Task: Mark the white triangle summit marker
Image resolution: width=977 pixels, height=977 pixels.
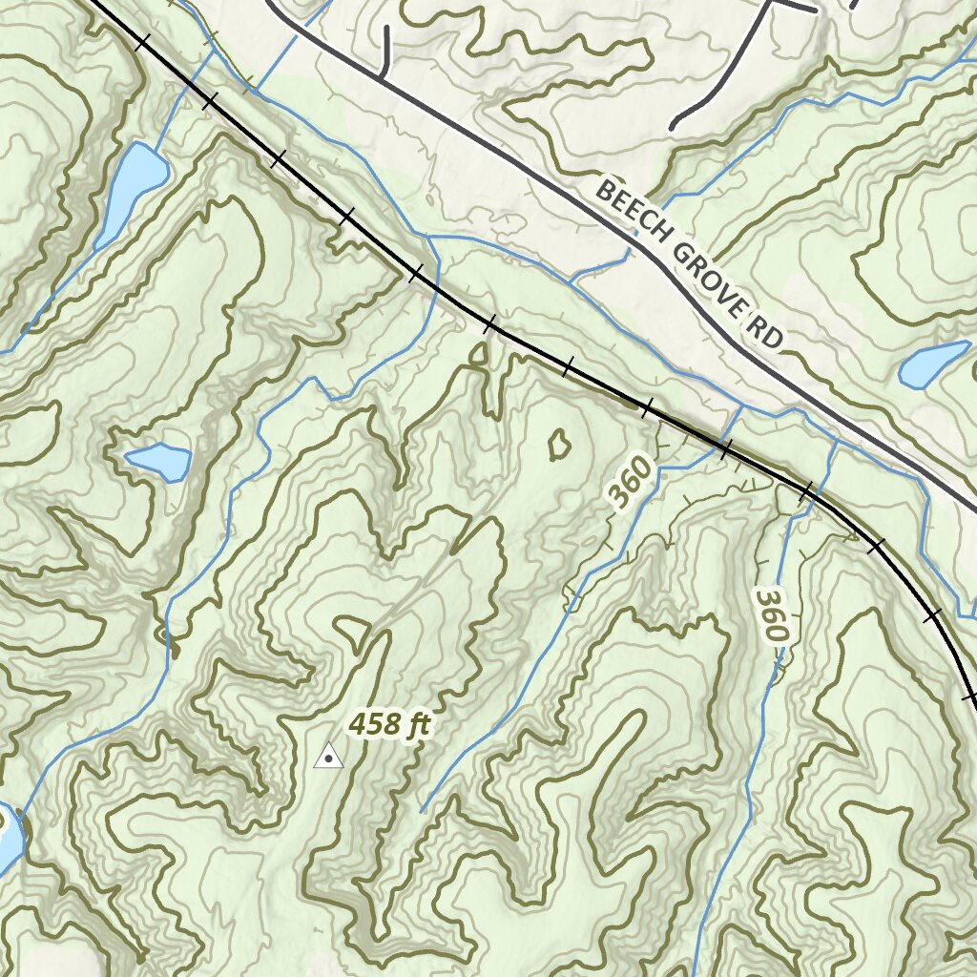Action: tap(328, 757)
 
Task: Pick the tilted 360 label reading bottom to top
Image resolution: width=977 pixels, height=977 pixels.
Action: tap(632, 482)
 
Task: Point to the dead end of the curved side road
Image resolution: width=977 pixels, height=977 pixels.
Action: tap(674, 125)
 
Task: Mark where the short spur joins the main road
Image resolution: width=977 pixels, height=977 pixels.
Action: tap(382, 76)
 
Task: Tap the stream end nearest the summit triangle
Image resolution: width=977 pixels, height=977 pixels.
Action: tap(423, 811)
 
